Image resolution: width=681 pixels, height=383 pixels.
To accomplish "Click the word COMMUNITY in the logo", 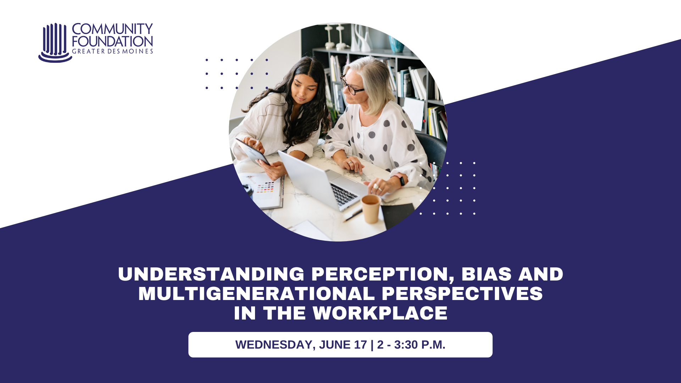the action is (112, 29).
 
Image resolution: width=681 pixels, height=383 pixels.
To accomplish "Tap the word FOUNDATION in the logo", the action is (112, 41).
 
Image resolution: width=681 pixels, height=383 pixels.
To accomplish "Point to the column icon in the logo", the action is (55, 43).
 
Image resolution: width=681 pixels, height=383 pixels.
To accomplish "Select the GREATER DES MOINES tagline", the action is (112, 51).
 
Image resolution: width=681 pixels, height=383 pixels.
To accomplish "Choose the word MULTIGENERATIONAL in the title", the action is (256, 294).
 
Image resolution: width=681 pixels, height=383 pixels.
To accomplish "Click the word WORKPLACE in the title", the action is (380, 313).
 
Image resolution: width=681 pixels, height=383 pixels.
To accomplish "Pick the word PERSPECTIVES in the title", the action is (462, 294).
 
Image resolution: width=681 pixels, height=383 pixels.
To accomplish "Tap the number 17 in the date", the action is (360, 345).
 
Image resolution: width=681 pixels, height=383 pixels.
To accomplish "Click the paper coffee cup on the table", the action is (371, 209).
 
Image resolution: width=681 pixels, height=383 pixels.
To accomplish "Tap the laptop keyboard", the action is (343, 194).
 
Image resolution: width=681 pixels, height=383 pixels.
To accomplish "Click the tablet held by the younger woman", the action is (253, 151).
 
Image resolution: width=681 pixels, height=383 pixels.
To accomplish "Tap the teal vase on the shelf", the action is (396, 45).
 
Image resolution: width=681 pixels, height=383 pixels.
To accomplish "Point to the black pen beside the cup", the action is (353, 216).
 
